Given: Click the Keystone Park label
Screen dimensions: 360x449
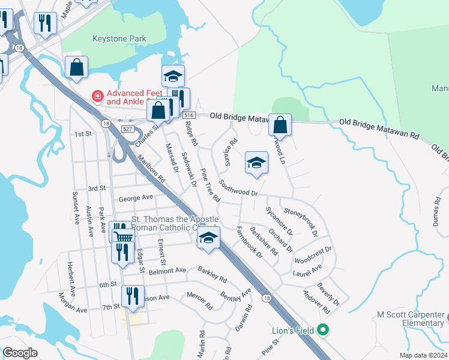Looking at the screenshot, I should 119,39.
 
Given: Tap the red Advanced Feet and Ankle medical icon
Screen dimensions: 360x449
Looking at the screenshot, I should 95,95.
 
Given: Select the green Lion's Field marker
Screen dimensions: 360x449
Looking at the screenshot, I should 323,329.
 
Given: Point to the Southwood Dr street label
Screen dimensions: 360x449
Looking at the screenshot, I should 238,188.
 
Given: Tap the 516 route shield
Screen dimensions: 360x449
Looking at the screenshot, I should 189,115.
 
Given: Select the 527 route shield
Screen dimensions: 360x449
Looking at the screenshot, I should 125,129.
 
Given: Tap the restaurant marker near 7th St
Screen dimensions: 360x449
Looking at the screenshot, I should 132,296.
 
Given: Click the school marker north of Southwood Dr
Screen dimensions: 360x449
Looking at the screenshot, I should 256,163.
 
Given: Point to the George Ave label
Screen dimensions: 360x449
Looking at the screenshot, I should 136,197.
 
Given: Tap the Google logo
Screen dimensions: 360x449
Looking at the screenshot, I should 20,353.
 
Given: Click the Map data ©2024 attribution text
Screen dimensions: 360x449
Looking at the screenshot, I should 423,355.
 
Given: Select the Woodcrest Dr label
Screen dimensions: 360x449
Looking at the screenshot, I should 313,255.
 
